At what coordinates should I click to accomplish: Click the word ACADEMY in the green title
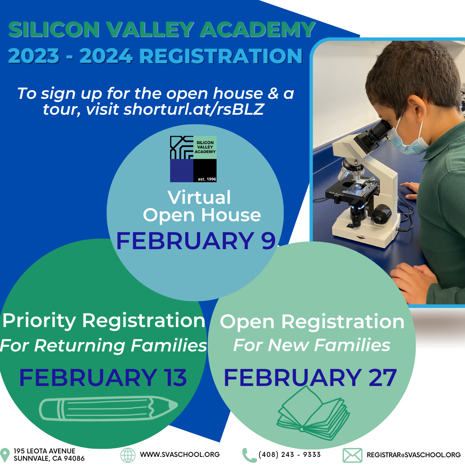pyautogui.click(x=258, y=29)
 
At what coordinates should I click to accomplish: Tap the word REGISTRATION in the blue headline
pyautogui.click(x=221, y=56)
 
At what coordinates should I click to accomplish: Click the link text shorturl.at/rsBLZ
pyautogui.click(x=193, y=109)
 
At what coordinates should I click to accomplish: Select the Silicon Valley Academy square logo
pyautogui.click(x=193, y=159)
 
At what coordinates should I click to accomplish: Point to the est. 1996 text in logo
pyautogui.click(x=207, y=179)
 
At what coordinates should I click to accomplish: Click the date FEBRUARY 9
pyautogui.click(x=196, y=241)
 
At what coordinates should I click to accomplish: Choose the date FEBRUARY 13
pyautogui.click(x=103, y=378)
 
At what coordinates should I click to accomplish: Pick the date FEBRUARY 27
pyautogui.click(x=310, y=378)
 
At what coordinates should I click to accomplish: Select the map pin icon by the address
pyautogui.click(x=5, y=455)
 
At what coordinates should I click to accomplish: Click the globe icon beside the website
pyautogui.click(x=128, y=455)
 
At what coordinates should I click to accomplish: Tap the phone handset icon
pyautogui.click(x=249, y=455)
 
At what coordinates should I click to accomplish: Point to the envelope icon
pyautogui.click(x=353, y=455)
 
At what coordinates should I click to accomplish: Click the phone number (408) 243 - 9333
pyautogui.click(x=289, y=455)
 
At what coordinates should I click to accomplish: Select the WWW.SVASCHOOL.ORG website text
pyautogui.click(x=180, y=455)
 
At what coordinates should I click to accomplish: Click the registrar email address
pyautogui.click(x=413, y=455)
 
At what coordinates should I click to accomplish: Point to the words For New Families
pyautogui.click(x=312, y=345)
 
